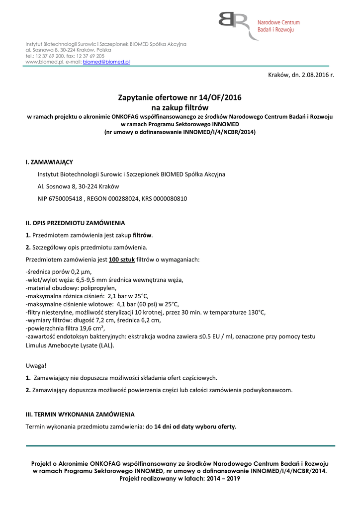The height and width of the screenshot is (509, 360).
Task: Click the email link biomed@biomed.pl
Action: pos(106,62)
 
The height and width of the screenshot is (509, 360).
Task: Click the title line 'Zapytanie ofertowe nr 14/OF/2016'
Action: pos(180,98)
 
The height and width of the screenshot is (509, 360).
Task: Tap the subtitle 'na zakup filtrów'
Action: pos(180,107)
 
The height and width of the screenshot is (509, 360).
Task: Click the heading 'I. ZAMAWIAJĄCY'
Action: pos(49,163)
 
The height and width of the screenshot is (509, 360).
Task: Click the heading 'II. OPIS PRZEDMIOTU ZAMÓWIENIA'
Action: pos(75,223)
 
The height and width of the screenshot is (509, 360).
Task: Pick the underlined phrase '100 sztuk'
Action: pos(121,259)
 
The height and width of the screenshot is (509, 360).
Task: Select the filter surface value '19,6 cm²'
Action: pos(92,328)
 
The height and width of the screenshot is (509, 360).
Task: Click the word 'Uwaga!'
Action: pos(36,366)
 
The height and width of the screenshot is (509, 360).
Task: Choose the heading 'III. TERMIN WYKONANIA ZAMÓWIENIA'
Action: pos(80,414)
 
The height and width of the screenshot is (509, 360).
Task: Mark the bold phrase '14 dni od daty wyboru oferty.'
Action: pos(195,426)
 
